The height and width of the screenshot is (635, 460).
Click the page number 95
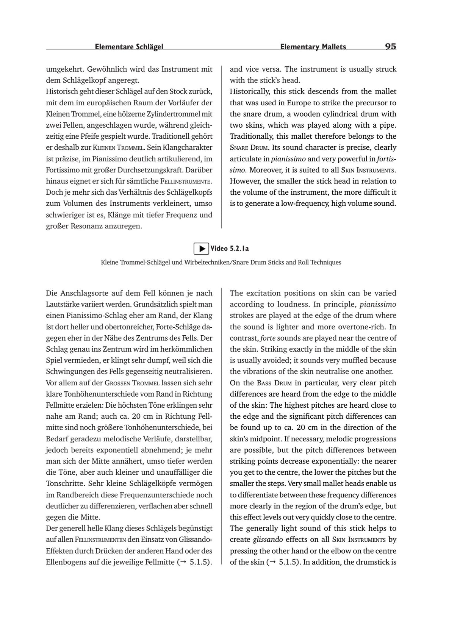390,46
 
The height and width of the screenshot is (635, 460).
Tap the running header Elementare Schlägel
129,47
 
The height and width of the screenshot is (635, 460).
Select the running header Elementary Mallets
313,47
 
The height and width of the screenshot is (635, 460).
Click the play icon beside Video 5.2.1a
202,249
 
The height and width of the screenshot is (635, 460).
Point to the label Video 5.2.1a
230,249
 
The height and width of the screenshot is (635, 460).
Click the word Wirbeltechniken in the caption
206,262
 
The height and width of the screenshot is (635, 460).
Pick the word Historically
249,91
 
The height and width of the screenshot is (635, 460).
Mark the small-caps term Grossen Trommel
132,383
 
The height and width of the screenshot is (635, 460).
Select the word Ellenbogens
66,562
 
